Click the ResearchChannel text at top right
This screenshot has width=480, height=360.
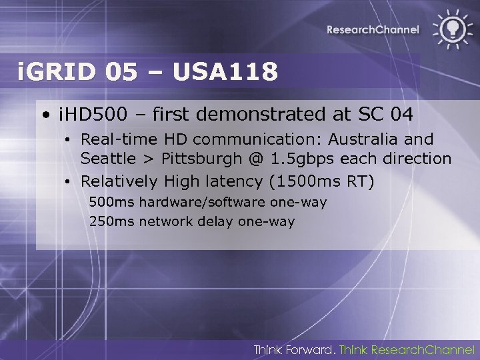[373, 29]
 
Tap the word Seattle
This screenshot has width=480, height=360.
[107, 159]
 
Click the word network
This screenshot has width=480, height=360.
[166, 221]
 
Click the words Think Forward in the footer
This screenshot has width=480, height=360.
[294, 349]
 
